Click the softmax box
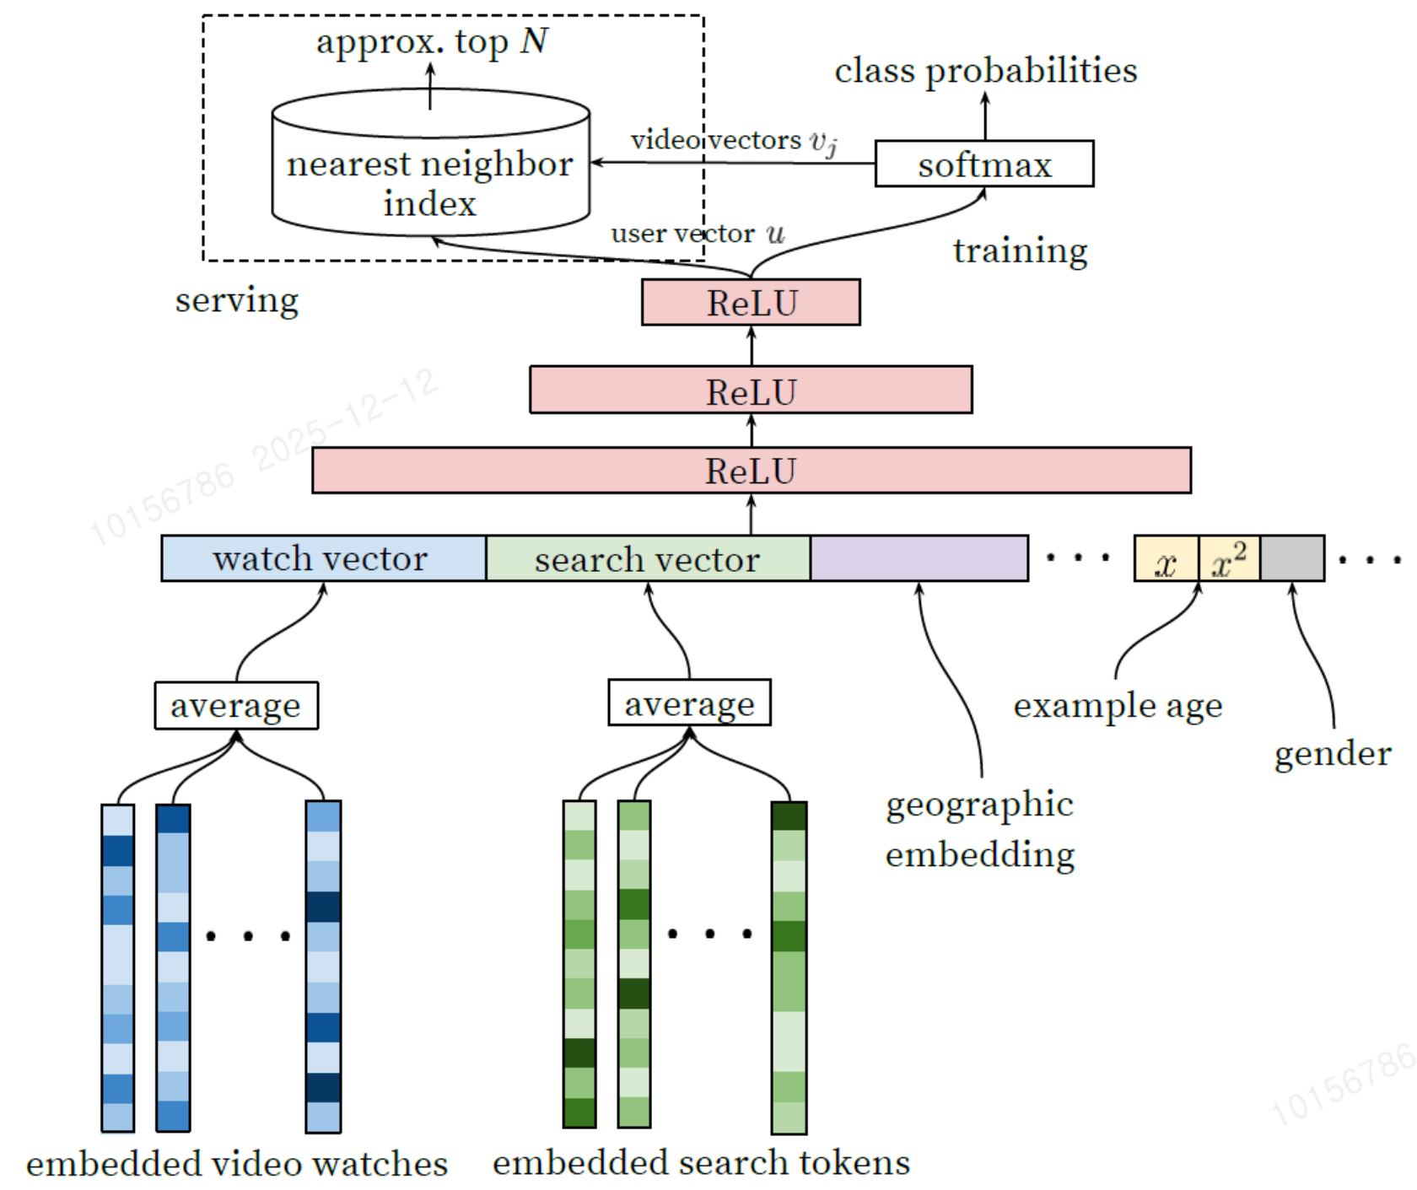984,164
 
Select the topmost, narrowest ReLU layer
751,302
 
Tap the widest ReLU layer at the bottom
752,471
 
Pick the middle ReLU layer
751,390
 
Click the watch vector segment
324,558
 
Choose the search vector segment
648,558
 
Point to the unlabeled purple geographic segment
919,558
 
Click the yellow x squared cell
1229,558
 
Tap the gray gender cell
1292,558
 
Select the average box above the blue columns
236,705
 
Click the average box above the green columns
689,703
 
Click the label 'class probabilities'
985,71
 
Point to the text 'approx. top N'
432,41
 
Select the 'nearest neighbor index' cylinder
430,163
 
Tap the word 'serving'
237,300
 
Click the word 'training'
1021,250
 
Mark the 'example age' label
1118,706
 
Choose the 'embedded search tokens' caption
702,1162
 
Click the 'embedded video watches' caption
237,1163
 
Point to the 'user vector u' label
698,233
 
